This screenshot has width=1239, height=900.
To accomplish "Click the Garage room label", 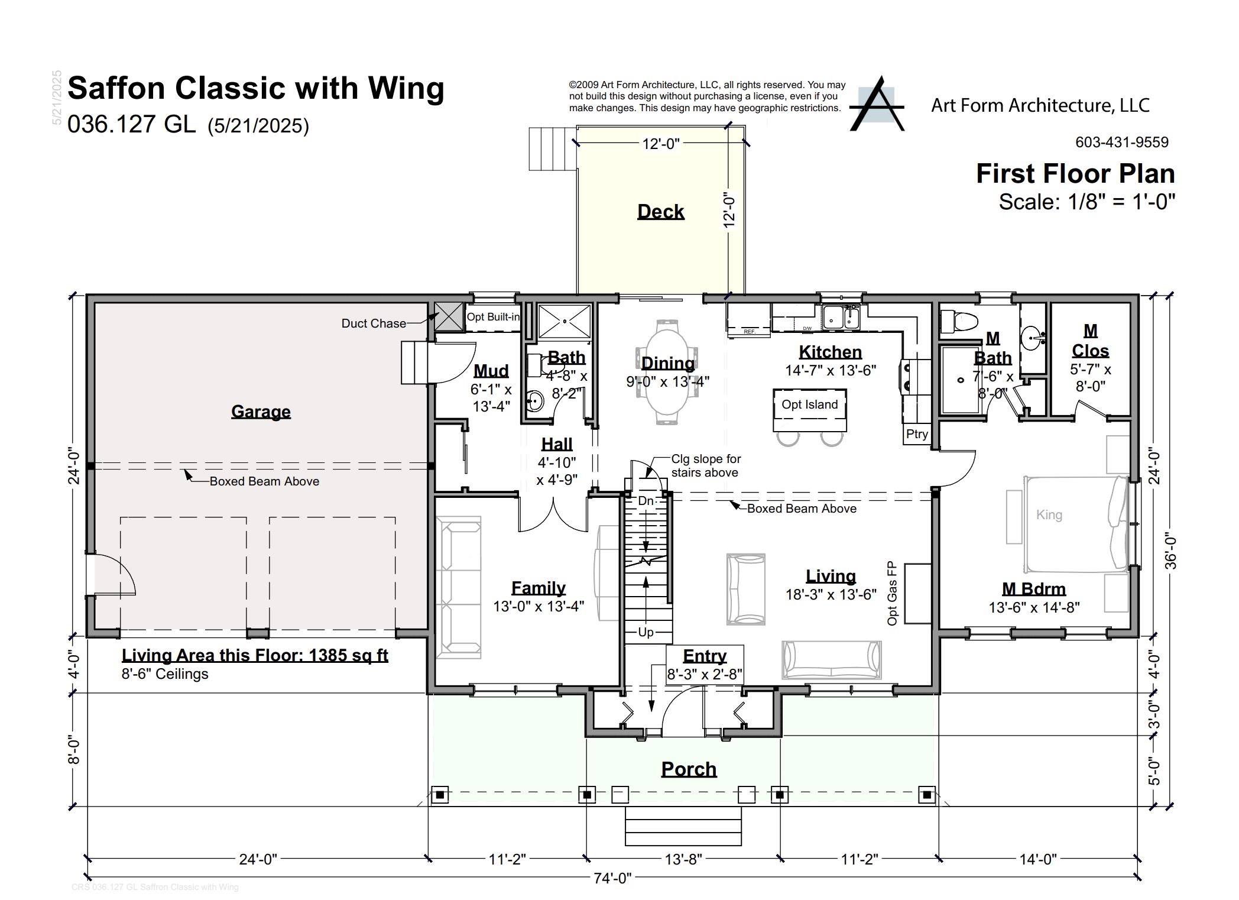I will pyautogui.click(x=261, y=412).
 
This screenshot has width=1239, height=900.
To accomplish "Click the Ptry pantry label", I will pyautogui.click(x=917, y=434).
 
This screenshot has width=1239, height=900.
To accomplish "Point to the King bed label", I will pyautogui.click(x=1049, y=515).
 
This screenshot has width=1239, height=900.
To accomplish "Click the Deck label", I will pyautogui.click(x=660, y=212).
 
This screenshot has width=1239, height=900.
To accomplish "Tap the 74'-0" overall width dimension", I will pyautogui.click(x=612, y=878).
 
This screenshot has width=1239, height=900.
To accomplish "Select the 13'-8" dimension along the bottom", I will pyautogui.click(x=683, y=859).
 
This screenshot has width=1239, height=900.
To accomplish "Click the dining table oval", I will pyautogui.click(x=668, y=373).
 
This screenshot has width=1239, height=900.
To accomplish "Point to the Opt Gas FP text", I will pyautogui.click(x=892, y=593).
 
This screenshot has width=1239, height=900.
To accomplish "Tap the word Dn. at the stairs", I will pyautogui.click(x=646, y=501).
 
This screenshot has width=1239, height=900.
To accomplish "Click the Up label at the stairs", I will pyautogui.click(x=646, y=632).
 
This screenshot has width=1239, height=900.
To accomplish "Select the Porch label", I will pyautogui.click(x=689, y=769).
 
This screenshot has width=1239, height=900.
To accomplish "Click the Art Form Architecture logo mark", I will pyautogui.click(x=877, y=105).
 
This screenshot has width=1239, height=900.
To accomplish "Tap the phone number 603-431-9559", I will pyautogui.click(x=1121, y=143).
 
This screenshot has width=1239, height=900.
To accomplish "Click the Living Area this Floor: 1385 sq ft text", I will pyautogui.click(x=255, y=655).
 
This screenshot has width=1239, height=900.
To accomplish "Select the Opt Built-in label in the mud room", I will pyautogui.click(x=493, y=317).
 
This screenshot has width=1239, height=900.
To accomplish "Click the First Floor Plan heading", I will pyautogui.click(x=1075, y=174).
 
